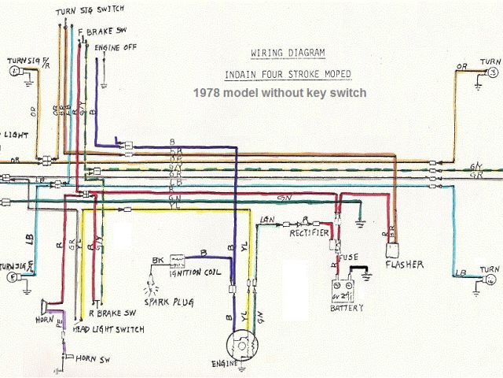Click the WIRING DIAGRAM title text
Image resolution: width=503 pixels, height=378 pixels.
(287, 54)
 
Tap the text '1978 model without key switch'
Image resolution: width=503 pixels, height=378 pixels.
(279, 92)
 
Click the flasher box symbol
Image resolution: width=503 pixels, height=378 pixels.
(395, 250)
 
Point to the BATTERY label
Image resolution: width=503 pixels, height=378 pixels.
(347, 308)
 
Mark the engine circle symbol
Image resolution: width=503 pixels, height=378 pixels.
(241, 344)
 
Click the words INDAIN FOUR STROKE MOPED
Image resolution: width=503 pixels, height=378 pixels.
(288, 74)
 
